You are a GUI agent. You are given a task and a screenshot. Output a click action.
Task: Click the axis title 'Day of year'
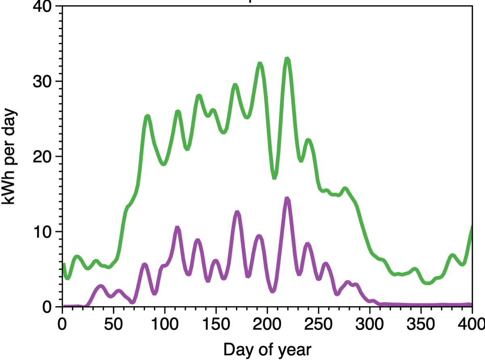(x=267, y=349)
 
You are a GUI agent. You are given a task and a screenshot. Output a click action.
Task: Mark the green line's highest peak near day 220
(x=287, y=59)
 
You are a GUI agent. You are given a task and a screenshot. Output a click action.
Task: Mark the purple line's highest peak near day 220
(x=287, y=198)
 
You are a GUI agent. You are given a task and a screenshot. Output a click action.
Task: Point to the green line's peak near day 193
(x=260, y=64)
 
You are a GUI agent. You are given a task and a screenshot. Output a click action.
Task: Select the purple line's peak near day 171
(x=237, y=212)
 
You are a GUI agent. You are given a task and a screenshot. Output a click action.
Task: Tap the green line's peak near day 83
(x=148, y=116)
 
